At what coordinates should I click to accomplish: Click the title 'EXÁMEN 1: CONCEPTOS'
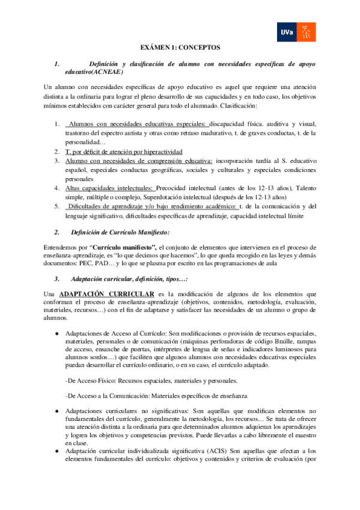[180, 46]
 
